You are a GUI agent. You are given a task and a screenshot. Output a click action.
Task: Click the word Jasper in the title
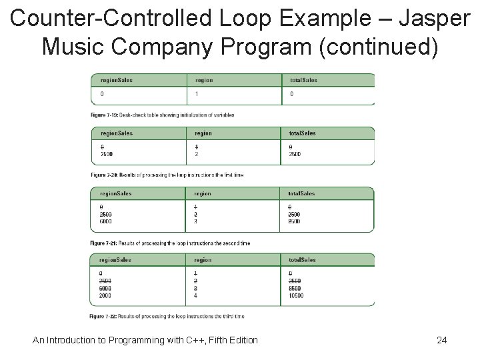434,18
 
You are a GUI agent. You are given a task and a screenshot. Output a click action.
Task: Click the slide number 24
441,340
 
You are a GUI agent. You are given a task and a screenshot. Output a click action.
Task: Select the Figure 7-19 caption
162,115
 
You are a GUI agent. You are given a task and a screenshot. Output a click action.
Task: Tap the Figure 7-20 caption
167,175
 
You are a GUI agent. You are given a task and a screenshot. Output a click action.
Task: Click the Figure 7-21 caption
170,243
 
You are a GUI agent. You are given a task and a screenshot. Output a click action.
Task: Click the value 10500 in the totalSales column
296,295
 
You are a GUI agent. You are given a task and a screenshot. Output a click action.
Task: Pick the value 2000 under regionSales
105,295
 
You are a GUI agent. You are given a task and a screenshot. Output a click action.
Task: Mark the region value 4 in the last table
195,295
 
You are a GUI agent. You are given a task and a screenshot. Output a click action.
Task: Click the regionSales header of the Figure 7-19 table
117,80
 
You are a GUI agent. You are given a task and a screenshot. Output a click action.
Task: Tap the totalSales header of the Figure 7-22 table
303,260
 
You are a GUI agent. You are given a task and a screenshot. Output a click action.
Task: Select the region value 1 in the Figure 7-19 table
197,94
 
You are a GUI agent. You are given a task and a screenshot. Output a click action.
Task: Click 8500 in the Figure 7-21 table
294,221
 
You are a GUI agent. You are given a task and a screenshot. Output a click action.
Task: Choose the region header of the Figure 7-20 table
203,133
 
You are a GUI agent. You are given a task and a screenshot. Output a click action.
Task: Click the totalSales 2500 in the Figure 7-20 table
295,154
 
